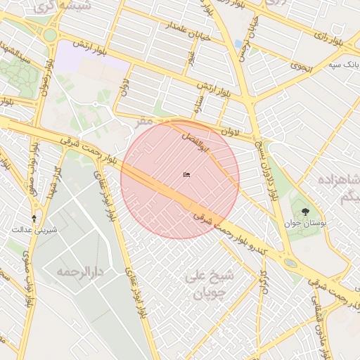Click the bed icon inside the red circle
(x=186, y=175)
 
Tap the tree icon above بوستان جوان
(x=305, y=212)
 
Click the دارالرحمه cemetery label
(x=81, y=271)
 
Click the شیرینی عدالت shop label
(x=34, y=230)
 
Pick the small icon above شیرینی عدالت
(x=34, y=218)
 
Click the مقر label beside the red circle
(x=144, y=121)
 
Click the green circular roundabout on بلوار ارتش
(x=49, y=34)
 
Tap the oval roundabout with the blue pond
(x=289, y=264)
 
